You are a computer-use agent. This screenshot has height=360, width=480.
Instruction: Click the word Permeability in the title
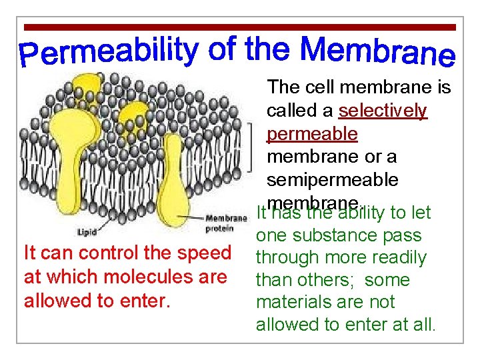coord(109,53)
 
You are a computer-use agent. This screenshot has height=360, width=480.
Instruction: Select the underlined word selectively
coord(382,111)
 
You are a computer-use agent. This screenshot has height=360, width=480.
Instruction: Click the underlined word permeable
coord(312,134)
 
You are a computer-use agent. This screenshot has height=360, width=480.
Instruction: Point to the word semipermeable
coord(332,180)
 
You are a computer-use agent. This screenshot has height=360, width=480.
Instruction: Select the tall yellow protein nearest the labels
coord(172,173)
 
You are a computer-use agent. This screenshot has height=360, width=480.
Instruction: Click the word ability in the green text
coord(363,213)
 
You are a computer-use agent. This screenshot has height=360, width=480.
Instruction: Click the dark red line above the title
coord(239,27)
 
